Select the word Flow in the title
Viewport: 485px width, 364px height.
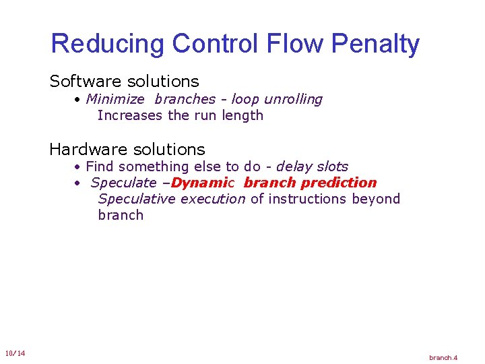click(285, 44)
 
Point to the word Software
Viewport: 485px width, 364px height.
click(81, 82)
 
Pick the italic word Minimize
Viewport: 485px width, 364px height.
click(115, 99)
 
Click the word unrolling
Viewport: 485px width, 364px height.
click(293, 99)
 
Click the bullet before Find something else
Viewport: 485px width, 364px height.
click(78, 166)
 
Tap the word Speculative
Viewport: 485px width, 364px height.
click(137, 199)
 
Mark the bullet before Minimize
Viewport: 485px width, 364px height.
click(78, 100)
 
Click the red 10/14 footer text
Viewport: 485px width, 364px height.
click(15, 354)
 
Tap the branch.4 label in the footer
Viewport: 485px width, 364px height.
click(443, 357)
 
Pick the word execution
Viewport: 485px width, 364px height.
click(213, 199)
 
